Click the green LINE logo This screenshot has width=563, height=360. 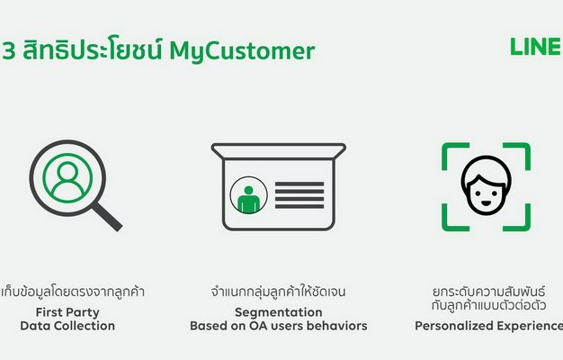tap(536, 47)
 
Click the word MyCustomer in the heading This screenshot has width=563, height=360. tap(242, 50)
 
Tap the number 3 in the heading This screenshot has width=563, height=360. tap(9, 50)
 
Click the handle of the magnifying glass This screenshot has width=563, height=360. tap(107, 217)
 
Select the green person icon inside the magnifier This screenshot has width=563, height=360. tap(67, 178)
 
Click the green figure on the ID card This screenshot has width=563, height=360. tap(248, 200)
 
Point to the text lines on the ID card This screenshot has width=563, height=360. tap(299, 195)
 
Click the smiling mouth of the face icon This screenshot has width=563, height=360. tap(486, 203)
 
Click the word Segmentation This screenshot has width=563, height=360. tap(279, 312)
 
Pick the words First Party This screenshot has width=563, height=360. tap(67, 312)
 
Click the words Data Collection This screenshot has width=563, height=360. tap(67, 326)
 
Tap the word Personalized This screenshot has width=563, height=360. tap(452, 326)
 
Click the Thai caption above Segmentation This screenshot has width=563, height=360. tap(279, 292)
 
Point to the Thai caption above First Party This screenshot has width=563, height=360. tap(72, 292)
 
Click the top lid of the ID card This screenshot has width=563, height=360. tap(279, 151)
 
